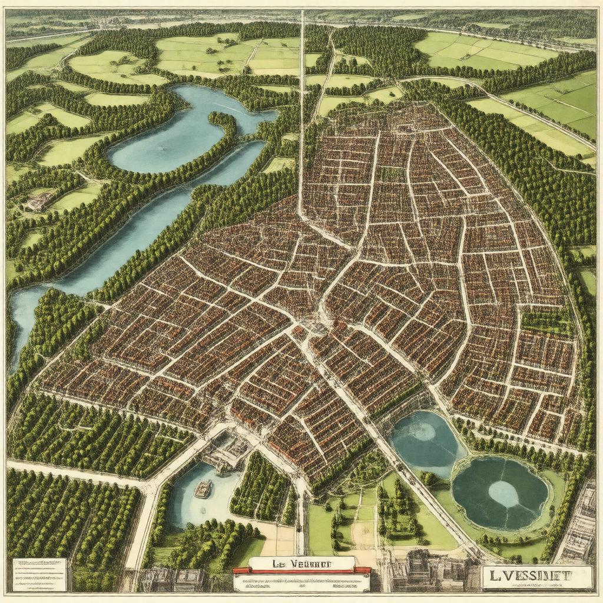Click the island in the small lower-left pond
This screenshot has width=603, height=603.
(203, 488)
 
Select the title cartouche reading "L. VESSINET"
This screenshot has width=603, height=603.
(536, 577)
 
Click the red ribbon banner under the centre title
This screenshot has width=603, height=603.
(301, 570)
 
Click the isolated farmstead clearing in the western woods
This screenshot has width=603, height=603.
(39, 201)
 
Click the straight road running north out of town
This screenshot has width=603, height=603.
(302, 118)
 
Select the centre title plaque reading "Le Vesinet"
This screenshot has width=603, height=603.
(301, 562)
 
